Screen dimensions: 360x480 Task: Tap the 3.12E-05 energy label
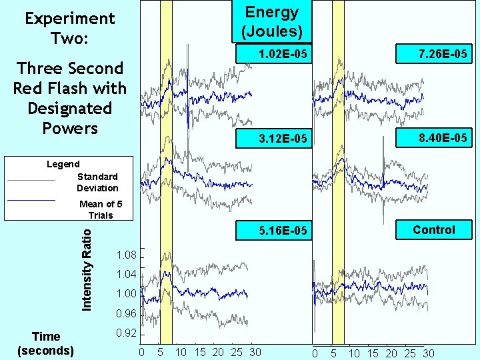(x=283, y=139)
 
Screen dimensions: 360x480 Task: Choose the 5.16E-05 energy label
(x=283, y=231)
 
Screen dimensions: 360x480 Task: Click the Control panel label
(x=433, y=230)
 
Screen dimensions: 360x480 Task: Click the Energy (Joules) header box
(x=272, y=21)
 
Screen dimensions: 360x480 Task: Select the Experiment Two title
(x=69, y=28)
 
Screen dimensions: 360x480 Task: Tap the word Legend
(x=63, y=164)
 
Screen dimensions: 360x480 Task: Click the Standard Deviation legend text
(x=97, y=182)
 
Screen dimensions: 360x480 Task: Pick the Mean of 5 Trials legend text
(x=97, y=209)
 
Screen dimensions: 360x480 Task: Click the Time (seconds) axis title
(x=46, y=343)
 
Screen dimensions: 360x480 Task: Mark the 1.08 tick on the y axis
(x=125, y=255)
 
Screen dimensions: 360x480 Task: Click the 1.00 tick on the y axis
(x=125, y=293)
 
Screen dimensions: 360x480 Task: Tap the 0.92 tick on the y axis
(x=125, y=333)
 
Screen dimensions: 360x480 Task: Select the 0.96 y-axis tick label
(x=125, y=313)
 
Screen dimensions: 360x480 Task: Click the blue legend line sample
(x=31, y=199)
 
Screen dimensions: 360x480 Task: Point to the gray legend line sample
(x=31, y=180)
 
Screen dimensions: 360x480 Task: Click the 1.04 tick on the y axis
(x=125, y=274)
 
